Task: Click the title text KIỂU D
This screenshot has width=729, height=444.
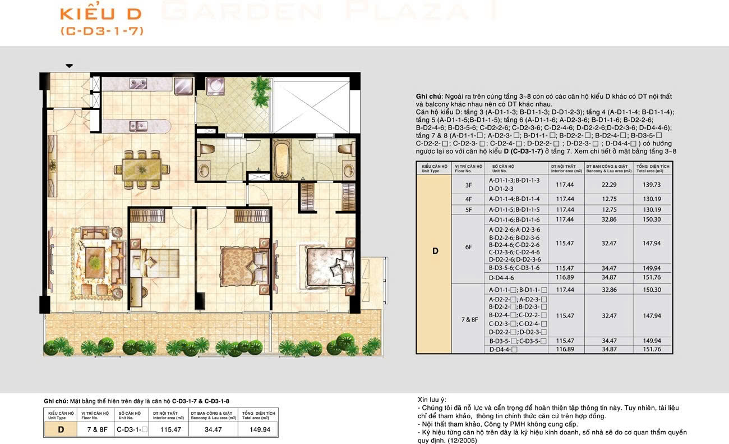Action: pos(101,14)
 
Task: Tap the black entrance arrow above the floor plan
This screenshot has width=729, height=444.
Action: pos(69,66)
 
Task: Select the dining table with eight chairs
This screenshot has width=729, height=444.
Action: pos(141,167)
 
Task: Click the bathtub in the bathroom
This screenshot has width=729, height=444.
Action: pos(283,159)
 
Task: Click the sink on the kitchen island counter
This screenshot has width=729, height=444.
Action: pos(137,125)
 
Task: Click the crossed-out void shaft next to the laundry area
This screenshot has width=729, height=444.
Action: pos(315,105)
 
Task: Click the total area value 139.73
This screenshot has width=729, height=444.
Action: pos(652,184)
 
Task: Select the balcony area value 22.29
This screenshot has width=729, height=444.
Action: pos(608,184)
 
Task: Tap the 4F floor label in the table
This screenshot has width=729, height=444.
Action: pos(468,199)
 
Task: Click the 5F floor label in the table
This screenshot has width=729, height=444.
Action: pos(468,209)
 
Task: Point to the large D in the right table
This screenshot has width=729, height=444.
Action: pos(435,251)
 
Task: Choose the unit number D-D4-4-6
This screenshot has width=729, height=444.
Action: pos(502,277)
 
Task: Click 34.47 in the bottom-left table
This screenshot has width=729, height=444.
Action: pos(212,429)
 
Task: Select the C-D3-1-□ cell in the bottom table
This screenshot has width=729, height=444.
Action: pos(132,429)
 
